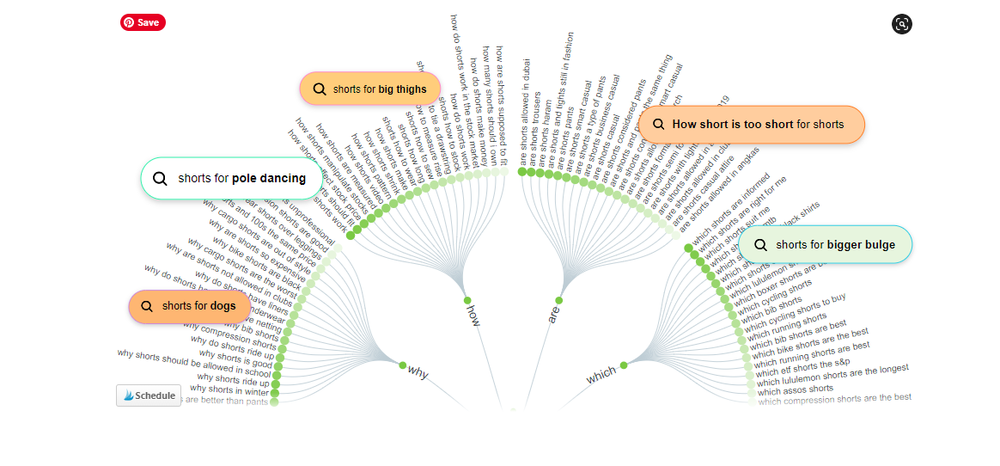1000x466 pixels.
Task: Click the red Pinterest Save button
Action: pos(143,22)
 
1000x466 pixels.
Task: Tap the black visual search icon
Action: pos(901,24)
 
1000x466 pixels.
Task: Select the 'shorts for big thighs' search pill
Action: pos(370,89)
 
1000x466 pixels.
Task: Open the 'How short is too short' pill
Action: pos(751,125)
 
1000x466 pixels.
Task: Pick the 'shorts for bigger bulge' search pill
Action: pos(825,245)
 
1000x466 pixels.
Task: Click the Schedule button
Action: pos(149,395)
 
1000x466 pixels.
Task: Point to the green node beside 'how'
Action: pos(467,300)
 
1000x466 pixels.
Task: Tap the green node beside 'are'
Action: pos(558,300)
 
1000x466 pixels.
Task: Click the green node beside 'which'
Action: pos(623,365)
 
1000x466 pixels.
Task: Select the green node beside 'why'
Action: pos(401,365)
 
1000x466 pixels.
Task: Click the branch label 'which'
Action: pos(601,376)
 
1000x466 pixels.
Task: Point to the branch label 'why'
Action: pos(418,372)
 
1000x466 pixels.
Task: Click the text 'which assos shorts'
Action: pos(795,389)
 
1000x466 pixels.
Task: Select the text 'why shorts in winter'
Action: pos(233,390)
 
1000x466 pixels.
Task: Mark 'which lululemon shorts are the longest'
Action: pos(832,375)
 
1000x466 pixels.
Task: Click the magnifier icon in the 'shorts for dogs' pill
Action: pos(147,306)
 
